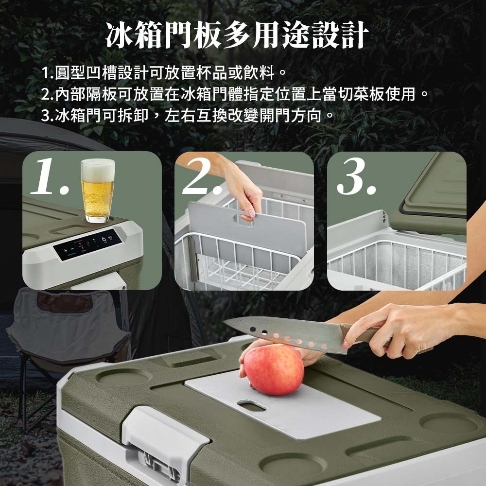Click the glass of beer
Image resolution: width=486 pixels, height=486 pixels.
tap(98, 191)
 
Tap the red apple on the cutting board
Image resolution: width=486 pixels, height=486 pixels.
tap(274, 370)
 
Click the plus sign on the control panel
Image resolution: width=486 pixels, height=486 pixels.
tap(65, 250)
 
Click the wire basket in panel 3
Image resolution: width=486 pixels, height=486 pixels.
tap(394, 262)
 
